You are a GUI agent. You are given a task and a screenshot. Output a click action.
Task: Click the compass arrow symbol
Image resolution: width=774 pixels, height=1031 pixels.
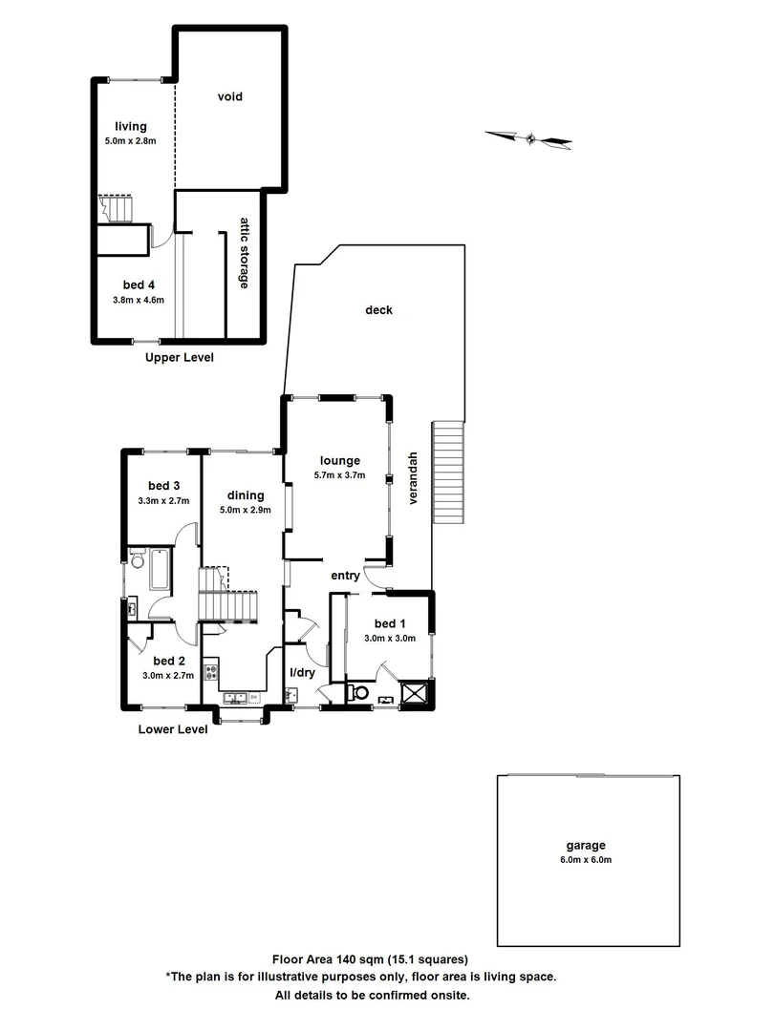click(528, 139)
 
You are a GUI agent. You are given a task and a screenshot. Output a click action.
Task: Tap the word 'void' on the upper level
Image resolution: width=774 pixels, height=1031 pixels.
click(229, 96)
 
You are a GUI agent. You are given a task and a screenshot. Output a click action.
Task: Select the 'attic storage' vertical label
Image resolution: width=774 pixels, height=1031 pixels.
click(245, 253)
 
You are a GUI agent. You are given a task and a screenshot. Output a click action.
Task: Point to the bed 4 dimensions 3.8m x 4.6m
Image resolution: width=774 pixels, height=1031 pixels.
click(139, 300)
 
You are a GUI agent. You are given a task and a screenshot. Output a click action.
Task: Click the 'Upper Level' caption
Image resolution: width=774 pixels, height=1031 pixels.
click(179, 358)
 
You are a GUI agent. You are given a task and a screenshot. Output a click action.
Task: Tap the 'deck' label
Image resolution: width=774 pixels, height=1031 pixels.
click(378, 310)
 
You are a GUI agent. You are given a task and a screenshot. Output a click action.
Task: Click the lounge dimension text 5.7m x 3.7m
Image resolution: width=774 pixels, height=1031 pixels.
click(339, 475)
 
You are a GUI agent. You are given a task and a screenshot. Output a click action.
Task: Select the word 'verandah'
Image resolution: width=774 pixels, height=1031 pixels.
click(414, 477)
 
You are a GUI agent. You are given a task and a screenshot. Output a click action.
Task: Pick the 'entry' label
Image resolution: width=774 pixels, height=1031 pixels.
click(345, 576)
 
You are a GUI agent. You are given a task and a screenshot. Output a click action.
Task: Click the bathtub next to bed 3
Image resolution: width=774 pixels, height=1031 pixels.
click(159, 570)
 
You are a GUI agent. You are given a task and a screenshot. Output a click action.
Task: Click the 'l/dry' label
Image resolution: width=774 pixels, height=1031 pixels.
click(302, 673)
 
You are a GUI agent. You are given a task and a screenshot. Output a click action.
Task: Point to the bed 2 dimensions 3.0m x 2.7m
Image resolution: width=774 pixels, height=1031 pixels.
click(167, 675)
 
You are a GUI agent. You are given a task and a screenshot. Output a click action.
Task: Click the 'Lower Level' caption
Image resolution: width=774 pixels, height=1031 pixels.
click(173, 729)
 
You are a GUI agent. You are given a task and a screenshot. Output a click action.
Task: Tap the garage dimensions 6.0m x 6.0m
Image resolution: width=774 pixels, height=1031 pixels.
click(585, 859)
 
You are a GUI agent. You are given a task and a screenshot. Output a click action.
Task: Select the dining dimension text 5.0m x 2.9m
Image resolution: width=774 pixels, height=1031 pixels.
click(245, 510)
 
